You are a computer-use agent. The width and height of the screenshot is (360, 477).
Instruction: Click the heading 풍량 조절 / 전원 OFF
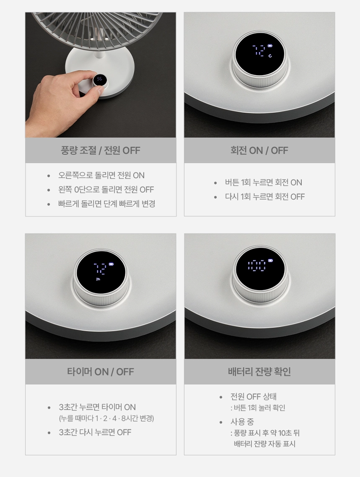tap(101, 150)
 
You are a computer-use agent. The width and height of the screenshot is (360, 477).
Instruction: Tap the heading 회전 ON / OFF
tap(259, 150)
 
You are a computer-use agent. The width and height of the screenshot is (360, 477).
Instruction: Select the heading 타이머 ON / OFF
tap(101, 372)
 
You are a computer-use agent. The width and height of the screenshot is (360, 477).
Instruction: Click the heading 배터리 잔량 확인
tap(259, 371)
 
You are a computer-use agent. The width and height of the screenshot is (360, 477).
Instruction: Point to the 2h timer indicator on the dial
tap(98, 279)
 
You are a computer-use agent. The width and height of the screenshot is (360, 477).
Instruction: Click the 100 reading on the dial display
tap(257, 265)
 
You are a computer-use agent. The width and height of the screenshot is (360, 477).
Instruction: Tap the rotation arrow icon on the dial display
tap(270, 56)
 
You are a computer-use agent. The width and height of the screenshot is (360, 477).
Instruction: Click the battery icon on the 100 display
tap(270, 261)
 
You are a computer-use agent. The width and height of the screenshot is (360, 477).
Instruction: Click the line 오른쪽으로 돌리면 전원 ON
tap(101, 175)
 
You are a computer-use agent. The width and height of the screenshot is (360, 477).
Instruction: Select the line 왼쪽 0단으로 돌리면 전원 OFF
tap(106, 190)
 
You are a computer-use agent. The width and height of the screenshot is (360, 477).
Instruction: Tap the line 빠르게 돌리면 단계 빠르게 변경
tap(106, 204)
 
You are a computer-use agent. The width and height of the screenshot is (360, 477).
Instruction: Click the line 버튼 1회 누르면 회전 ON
tap(263, 182)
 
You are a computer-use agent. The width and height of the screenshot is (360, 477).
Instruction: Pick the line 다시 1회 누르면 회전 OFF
tap(264, 197)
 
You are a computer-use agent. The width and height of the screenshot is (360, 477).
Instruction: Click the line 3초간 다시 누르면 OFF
tap(95, 432)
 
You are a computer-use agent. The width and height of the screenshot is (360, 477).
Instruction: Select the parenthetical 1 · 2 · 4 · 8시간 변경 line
tap(106, 419)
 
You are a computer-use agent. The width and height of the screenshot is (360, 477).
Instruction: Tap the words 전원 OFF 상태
tap(253, 397)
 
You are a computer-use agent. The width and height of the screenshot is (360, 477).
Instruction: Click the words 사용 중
tap(242, 422)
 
